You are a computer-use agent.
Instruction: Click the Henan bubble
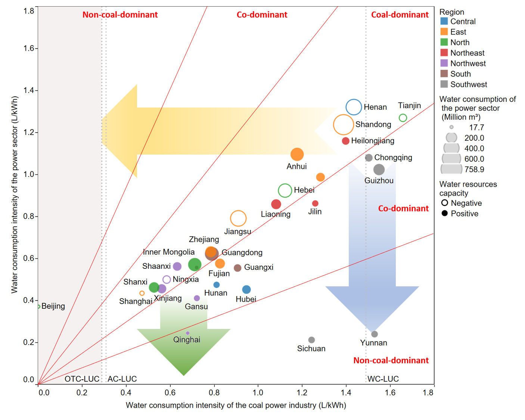354,107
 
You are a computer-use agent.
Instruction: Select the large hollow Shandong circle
343,125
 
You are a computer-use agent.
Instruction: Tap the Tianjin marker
403,118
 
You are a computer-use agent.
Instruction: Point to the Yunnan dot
375,334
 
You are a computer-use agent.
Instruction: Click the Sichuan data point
311,340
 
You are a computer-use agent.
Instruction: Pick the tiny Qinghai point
187,333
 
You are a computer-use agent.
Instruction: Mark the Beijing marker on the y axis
38,307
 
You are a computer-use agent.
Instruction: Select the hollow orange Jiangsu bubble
238,218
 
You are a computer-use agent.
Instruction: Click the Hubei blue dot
246,289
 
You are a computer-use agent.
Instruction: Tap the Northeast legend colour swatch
444,53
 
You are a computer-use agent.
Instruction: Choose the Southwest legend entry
468,84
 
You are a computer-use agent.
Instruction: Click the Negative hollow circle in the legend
445,203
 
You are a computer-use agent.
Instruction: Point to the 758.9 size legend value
474,169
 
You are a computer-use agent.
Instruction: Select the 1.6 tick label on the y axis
29,48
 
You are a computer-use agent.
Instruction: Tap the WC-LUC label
383,379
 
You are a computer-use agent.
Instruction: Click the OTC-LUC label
82,379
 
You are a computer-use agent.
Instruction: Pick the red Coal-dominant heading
400,15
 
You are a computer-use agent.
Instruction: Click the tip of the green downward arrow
183,375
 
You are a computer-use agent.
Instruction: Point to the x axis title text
236,405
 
